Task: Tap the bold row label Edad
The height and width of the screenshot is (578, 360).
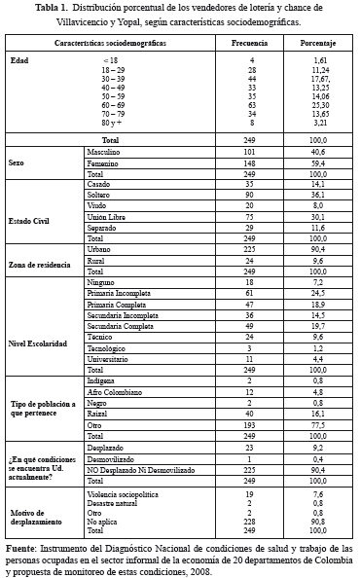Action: pyautogui.click(x=19, y=61)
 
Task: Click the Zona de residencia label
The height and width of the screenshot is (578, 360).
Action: pyautogui.click(x=39, y=266)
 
